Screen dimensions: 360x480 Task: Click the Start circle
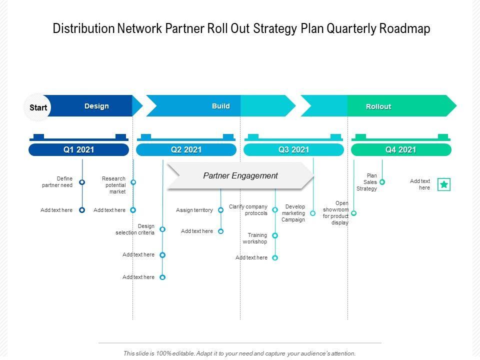click(x=38, y=107)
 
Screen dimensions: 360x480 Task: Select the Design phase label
click(x=96, y=106)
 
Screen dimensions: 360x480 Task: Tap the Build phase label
click(x=220, y=106)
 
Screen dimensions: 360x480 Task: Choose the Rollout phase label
click(x=378, y=106)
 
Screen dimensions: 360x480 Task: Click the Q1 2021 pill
click(x=78, y=149)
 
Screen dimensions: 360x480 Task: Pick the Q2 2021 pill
click(x=186, y=149)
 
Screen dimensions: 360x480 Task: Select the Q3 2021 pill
click(x=293, y=149)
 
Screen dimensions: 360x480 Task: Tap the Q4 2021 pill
click(x=400, y=149)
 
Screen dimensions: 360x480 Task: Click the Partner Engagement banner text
click(x=240, y=175)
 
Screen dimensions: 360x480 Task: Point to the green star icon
click(x=443, y=184)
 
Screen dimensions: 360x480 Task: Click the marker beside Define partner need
click(x=82, y=182)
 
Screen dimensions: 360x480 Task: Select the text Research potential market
click(x=113, y=185)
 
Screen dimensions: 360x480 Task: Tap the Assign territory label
click(x=194, y=210)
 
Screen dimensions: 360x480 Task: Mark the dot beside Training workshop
click(x=275, y=235)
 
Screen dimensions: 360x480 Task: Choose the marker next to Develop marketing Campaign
click(x=312, y=213)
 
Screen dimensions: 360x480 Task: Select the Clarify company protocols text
click(x=248, y=210)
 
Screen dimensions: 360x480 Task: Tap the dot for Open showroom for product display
click(x=353, y=213)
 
